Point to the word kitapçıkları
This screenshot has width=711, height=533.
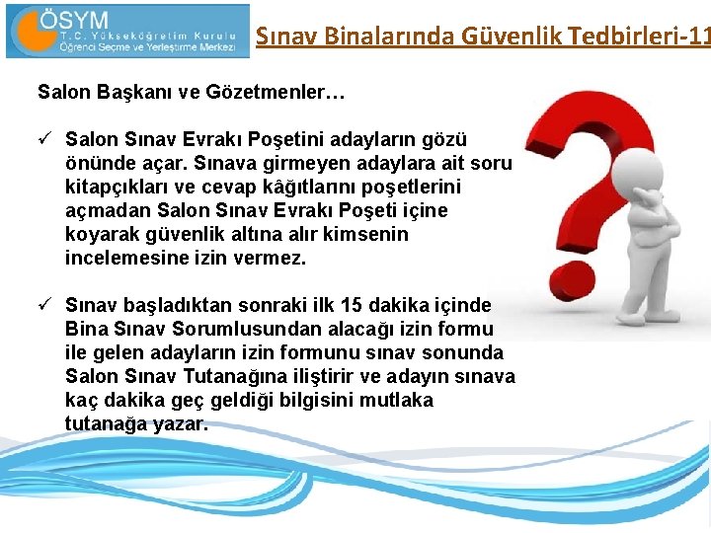coord(115,187)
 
